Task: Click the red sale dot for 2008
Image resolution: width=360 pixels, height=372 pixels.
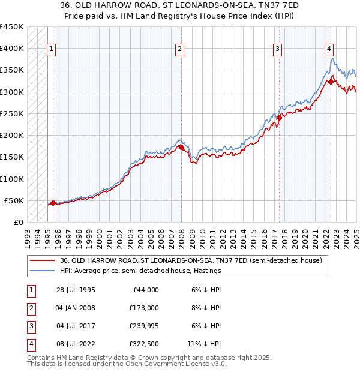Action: point(181,147)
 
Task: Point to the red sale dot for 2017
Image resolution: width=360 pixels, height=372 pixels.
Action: point(279,118)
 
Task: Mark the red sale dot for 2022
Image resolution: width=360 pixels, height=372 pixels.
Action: point(331,82)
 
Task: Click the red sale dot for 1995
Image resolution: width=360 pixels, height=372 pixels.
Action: point(53,203)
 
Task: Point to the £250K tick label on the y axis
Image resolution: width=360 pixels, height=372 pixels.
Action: point(12,113)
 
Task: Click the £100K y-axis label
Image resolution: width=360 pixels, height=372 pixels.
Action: point(12,179)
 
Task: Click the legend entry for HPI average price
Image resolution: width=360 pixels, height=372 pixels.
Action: point(140,271)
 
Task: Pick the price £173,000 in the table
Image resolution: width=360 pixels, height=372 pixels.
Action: point(145,308)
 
